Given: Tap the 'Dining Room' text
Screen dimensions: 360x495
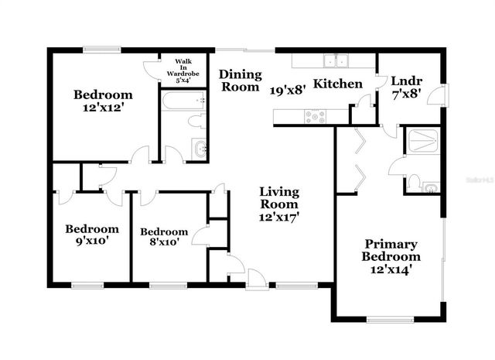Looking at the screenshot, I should [238, 81].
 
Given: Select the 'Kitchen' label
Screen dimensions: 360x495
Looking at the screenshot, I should [338, 83].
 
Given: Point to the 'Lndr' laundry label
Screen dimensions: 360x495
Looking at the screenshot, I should [406, 81].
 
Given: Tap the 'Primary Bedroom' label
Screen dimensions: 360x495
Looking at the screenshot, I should [392, 250].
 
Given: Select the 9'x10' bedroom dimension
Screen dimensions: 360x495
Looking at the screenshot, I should [91, 240].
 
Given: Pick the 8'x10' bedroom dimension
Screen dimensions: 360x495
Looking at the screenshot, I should [163, 242].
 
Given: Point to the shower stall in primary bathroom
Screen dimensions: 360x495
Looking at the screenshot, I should [423, 139].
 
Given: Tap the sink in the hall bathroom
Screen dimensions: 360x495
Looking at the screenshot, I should [200, 149].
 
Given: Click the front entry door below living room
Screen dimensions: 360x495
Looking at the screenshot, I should [258, 279].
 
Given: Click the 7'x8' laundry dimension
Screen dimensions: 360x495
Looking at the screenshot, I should [406, 95].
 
